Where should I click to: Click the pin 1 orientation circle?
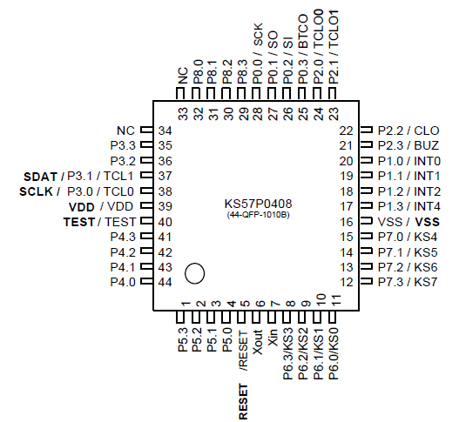coord(195,273)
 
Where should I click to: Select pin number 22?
coord(345,131)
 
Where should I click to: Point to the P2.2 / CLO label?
coord(408,131)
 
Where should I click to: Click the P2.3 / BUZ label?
coord(408,145)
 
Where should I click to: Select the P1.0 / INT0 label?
coord(408,161)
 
